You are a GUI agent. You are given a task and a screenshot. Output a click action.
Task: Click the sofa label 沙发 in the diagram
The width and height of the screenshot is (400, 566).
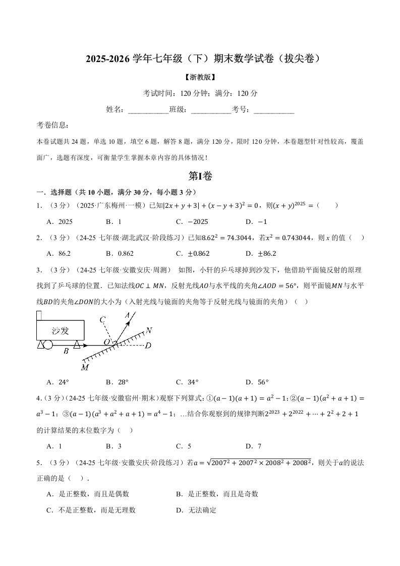[x=60, y=330]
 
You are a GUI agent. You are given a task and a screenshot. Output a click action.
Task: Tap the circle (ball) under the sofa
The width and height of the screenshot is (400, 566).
[x=48, y=345]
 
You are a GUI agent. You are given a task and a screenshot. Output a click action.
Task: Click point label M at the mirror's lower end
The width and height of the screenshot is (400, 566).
[x=84, y=367]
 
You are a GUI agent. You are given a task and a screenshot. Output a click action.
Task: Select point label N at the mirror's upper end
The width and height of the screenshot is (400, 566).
[x=148, y=330]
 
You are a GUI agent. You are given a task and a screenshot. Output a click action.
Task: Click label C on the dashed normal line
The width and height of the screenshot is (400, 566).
[x=102, y=319]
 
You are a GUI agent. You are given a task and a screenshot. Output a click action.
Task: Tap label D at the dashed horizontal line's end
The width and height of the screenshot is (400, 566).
[x=148, y=346]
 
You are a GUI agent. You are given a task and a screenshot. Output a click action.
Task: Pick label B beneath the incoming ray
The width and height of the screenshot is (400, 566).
[x=66, y=352]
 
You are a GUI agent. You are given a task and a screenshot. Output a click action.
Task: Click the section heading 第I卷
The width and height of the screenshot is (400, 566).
[x=200, y=176]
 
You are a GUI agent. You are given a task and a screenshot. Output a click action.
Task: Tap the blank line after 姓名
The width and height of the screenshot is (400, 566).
[x=149, y=109]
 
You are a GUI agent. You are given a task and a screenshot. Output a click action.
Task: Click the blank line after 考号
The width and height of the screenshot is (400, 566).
[x=274, y=109]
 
